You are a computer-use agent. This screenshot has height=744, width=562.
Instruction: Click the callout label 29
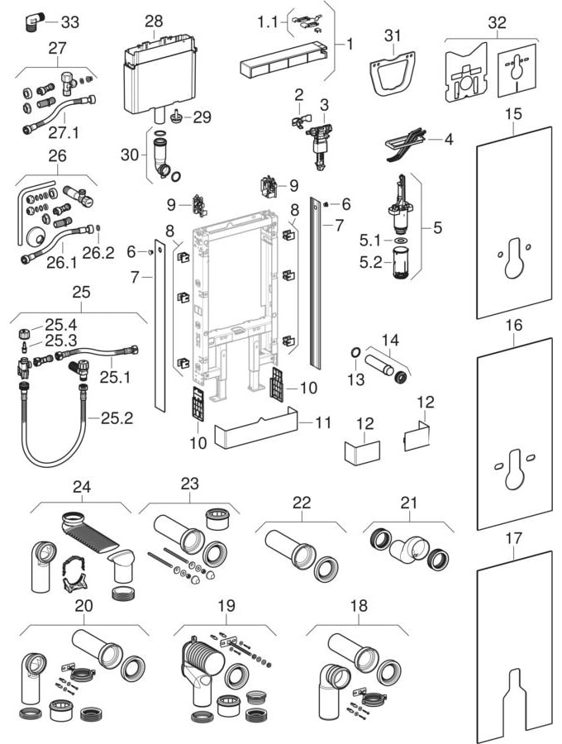pos(202,117)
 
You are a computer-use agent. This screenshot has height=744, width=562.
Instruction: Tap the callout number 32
pos(497,22)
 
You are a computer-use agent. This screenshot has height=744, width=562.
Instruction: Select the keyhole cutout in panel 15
pos(513,252)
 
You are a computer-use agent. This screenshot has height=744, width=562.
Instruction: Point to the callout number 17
pos(514,538)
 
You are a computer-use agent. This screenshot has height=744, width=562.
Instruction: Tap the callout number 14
pos(390,339)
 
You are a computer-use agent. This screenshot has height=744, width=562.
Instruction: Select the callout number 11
pos(323,422)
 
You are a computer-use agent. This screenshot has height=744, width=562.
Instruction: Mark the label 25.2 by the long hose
pos(117,418)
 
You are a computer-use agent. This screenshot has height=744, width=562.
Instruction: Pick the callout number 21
pos(407,503)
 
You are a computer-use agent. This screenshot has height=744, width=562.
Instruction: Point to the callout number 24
pos(80,486)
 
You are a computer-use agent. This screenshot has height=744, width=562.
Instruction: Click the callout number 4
pos(448,139)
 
